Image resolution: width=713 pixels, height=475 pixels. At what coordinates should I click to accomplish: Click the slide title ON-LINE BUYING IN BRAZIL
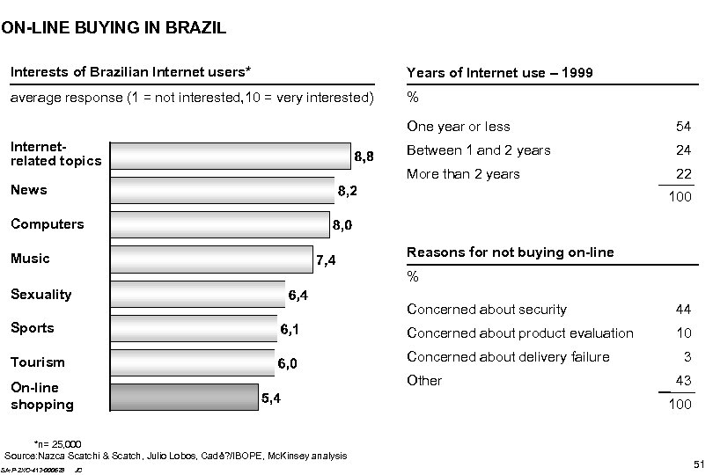tap(114, 28)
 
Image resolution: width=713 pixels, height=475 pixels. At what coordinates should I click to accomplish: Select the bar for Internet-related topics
tap(230, 156)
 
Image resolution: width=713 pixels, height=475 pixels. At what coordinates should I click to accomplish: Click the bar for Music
tap(211, 259)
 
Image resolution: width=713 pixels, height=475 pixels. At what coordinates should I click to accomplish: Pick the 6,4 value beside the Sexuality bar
tap(298, 296)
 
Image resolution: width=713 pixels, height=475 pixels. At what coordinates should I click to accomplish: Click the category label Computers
tap(47, 224)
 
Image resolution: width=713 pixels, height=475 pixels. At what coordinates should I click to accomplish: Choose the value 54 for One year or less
tap(682, 128)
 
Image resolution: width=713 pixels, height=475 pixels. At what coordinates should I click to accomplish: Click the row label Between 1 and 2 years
tap(479, 150)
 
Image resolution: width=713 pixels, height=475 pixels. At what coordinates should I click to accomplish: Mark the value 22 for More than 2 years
tap(682, 174)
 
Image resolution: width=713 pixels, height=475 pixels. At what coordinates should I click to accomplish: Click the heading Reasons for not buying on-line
tap(510, 253)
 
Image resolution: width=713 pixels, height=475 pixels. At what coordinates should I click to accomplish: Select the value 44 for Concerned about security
tap(682, 310)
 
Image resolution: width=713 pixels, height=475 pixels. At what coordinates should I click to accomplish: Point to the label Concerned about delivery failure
tap(508, 357)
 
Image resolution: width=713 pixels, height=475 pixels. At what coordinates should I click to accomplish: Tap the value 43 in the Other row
tap(682, 381)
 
